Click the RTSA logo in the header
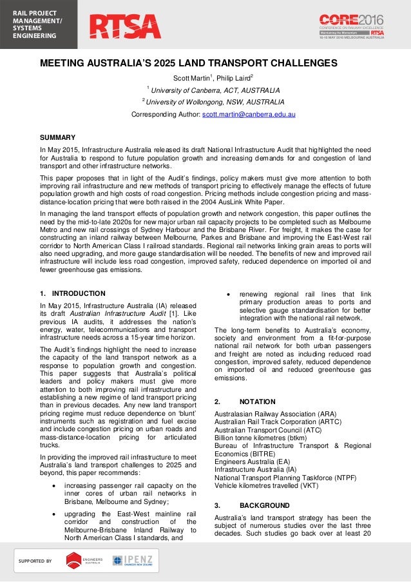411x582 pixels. (125, 26)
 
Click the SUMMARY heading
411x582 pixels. (58, 137)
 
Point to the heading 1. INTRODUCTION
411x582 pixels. (73, 293)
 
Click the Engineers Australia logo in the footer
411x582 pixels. (83, 560)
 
